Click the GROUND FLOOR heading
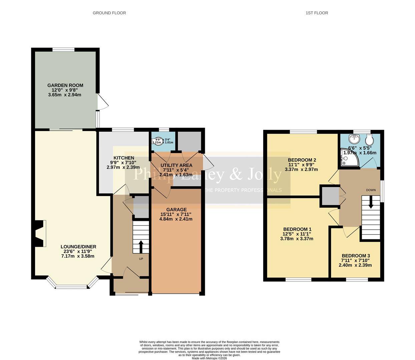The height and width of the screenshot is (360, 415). click(109, 13)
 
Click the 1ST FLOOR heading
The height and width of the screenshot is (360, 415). click(317, 13)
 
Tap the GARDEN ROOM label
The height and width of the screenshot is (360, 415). click(65, 85)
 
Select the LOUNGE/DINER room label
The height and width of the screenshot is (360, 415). click(78, 247)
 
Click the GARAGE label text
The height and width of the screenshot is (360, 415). click(176, 210)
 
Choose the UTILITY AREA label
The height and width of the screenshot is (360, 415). click(176, 165)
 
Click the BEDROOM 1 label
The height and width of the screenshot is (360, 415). click(297, 229)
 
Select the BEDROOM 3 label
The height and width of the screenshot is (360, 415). click(355, 256)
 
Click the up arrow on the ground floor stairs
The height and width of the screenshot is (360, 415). click(140, 247)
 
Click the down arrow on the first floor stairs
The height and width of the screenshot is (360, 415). click(371, 202)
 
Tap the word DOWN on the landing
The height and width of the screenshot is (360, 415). click(371, 190)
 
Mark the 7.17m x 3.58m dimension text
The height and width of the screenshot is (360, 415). click(78, 256)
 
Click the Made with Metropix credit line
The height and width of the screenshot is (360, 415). click(209, 358)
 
